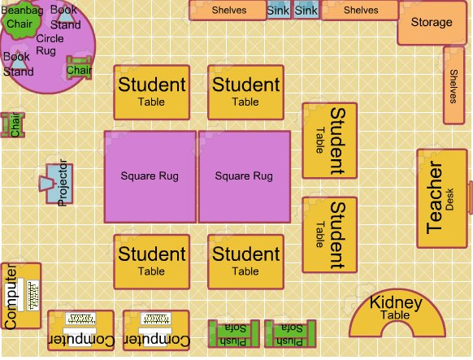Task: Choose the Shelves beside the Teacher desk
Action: tap(453, 85)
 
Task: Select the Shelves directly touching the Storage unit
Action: tap(360, 11)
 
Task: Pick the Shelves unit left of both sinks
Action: tap(228, 11)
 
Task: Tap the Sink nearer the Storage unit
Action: tap(306, 11)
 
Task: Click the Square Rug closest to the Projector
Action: tap(150, 176)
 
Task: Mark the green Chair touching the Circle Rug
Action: tap(79, 70)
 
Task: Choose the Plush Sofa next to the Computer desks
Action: tap(233, 334)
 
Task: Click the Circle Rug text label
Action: tap(50, 44)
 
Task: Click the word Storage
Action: tap(431, 23)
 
